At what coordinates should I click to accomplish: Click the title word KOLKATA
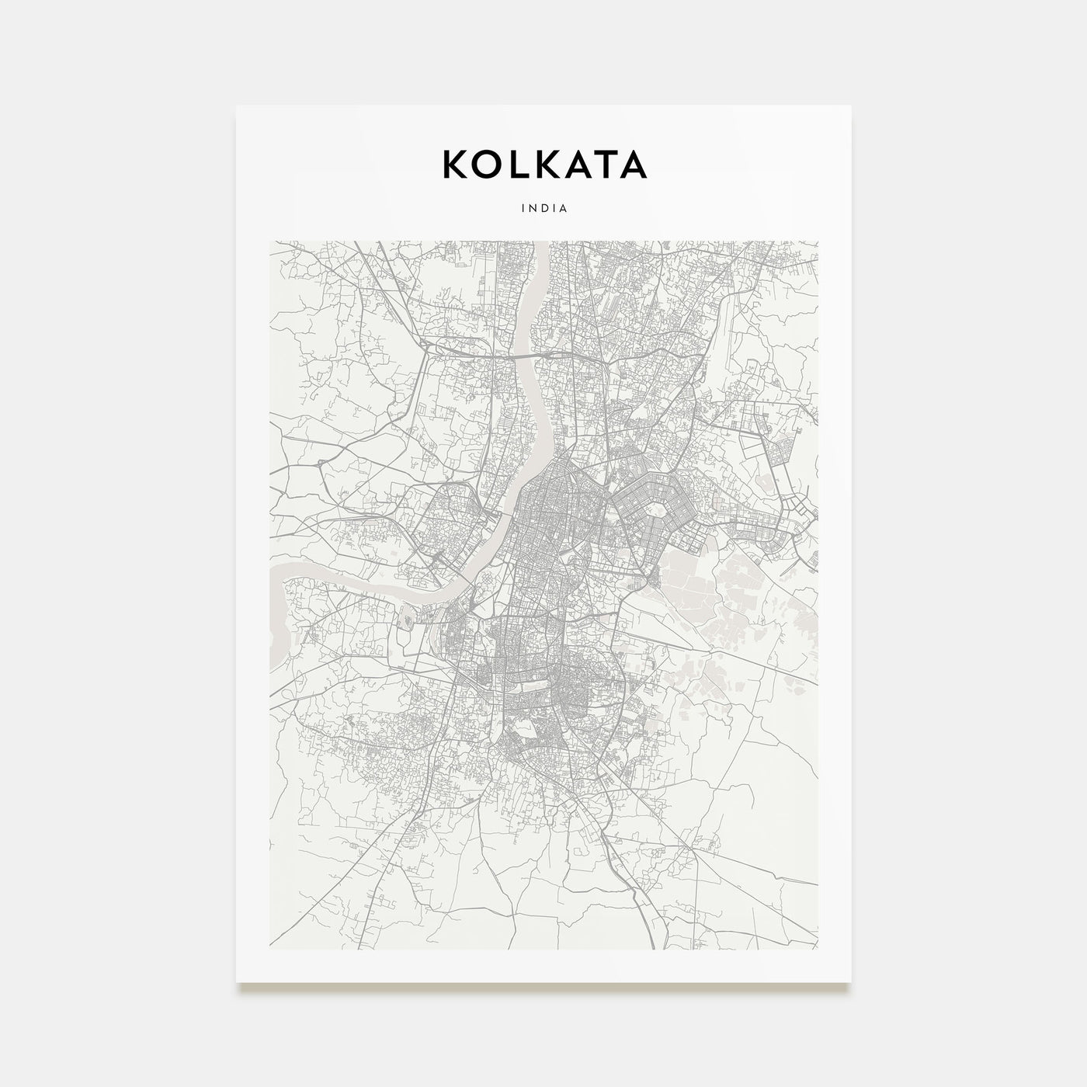pyautogui.click(x=543, y=164)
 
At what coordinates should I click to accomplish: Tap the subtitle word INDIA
pyautogui.click(x=543, y=208)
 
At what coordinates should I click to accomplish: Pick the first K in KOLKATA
pyautogui.click(x=455, y=164)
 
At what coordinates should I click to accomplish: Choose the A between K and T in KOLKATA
pyautogui.click(x=577, y=164)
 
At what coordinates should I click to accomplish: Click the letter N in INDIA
pyautogui.click(x=532, y=208)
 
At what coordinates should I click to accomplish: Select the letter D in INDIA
pyautogui.click(x=543, y=208)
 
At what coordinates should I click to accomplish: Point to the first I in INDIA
pyautogui.click(x=522, y=208)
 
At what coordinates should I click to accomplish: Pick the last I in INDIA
pyautogui.click(x=554, y=208)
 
